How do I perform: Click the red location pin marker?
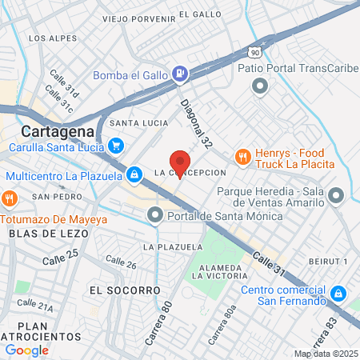(x=181, y=163)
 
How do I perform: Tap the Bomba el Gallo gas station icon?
(x=181, y=75)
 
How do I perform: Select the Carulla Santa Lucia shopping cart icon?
(x=117, y=146)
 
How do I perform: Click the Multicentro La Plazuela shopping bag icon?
(x=134, y=174)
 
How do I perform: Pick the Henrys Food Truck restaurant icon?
(x=241, y=157)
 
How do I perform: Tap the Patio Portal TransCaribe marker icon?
(x=259, y=86)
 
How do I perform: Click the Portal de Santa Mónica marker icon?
(x=154, y=214)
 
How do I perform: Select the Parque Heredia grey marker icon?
(x=336, y=194)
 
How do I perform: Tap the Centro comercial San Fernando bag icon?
(x=339, y=294)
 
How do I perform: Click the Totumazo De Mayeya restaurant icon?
(x=9, y=198)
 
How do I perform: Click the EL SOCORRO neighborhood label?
(x=125, y=289)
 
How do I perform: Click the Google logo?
(x=27, y=350)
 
